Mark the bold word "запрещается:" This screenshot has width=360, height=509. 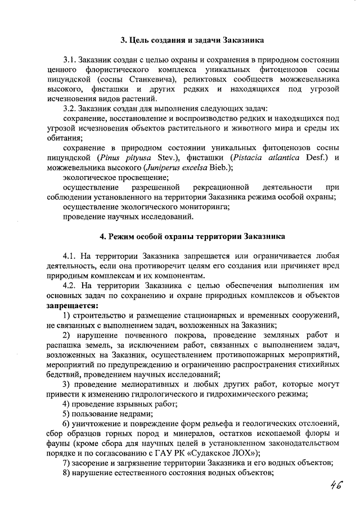72,305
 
